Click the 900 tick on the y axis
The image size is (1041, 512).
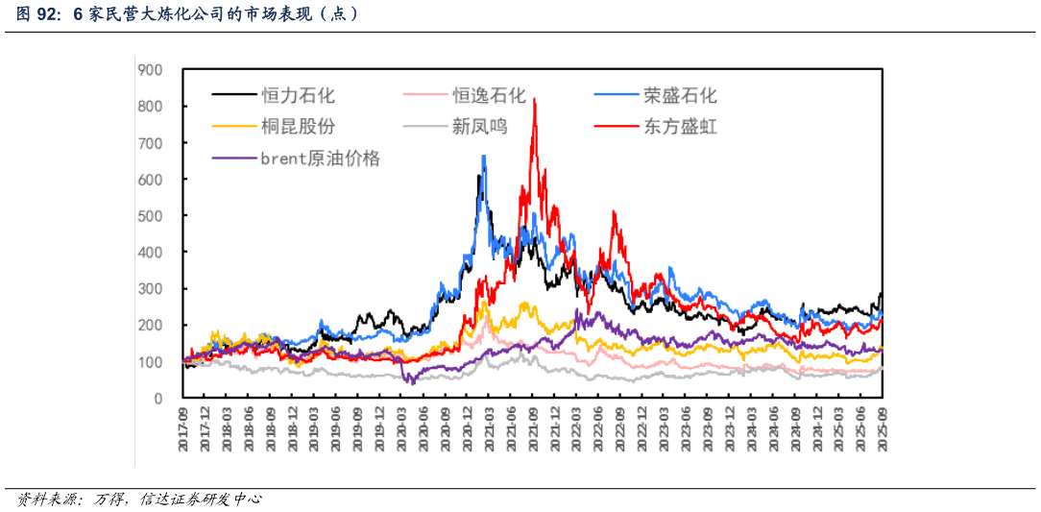pyautogui.click(x=150, y=69)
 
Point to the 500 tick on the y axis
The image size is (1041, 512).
pyautogui.click(x=150, y=215)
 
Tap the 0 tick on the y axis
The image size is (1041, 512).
pyautogui.click(x=158, y=398)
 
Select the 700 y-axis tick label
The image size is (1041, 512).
pyautogui.click(x=150, y=142)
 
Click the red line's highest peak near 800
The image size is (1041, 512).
pyautogui.click(x=534, y=100)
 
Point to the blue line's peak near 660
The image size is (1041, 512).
pyautogui.click(x=483, y=157)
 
